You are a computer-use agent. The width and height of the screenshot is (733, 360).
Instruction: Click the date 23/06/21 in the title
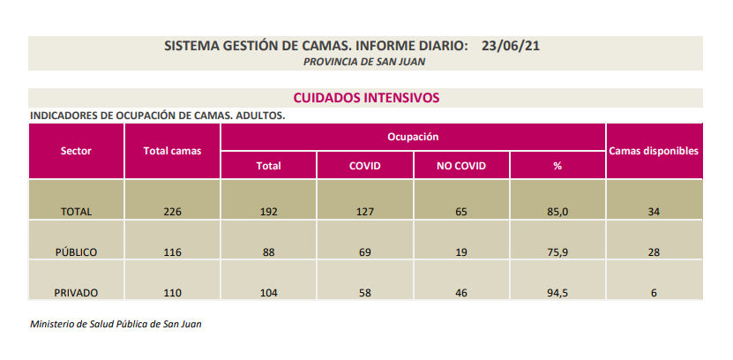click(510, 45)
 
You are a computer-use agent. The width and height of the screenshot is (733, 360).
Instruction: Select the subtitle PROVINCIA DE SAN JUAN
click(364, 61)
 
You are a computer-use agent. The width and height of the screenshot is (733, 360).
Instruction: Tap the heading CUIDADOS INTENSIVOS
click(366, 97)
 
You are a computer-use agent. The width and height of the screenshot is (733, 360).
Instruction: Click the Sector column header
click(76, 151)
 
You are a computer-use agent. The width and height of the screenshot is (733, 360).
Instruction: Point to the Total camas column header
click(172, 151)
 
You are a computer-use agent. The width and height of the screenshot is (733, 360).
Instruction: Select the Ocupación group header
click(413, 137)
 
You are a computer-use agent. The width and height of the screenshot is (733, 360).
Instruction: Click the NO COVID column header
click(461, 165)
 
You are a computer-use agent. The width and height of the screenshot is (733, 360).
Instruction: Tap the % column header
click(557, 165)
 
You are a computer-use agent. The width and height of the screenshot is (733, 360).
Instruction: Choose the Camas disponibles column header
click(654, 151)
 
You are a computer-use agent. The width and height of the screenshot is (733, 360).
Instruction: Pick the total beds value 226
click(172, 212)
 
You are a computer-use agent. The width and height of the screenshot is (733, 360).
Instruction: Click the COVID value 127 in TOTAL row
click(364, 212)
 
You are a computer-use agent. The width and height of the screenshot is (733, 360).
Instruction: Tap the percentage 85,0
click(557, 212)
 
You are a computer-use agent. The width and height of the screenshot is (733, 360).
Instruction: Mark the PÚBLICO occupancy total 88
click(268, 252)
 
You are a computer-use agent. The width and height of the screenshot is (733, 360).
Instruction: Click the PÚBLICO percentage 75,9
click(557, 252)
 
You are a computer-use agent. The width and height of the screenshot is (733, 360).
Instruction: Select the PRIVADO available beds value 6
click(654, 293)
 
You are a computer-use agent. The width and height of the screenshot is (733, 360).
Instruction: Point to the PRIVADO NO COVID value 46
click(461, 293)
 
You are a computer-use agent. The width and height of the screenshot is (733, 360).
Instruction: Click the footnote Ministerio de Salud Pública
click(116, 324)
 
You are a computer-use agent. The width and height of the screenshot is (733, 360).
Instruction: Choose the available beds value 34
click(654, 212)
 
